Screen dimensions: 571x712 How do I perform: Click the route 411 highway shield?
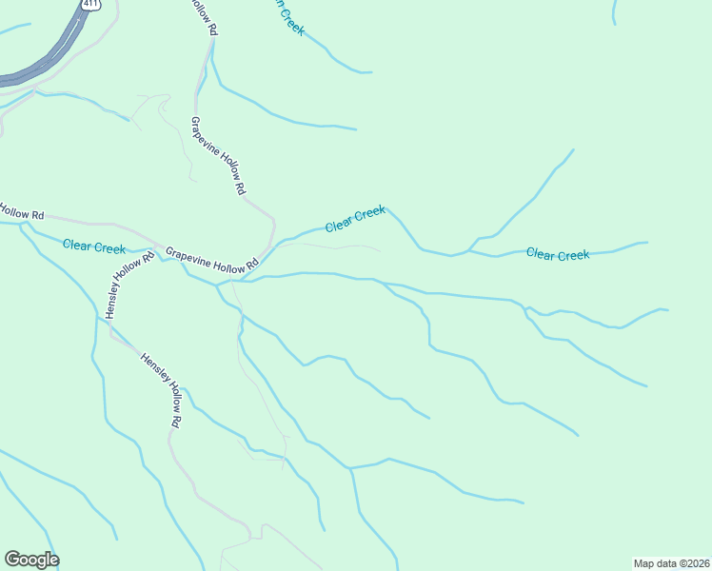point(89,4)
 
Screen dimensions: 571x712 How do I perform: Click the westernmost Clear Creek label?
point(94,246)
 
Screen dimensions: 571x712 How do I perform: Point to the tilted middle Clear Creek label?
point(355,219)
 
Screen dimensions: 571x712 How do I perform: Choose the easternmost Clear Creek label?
point(558,254)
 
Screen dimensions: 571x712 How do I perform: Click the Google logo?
point(31,560)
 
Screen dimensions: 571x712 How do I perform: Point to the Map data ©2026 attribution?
point(671,562)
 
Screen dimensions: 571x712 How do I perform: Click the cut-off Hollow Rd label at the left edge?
point(21,212)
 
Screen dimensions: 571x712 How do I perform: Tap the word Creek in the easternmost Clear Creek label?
point(573,254)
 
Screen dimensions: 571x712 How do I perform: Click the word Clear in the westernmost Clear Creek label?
point(78,246)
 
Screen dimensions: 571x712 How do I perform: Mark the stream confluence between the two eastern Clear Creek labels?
point(468,251)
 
